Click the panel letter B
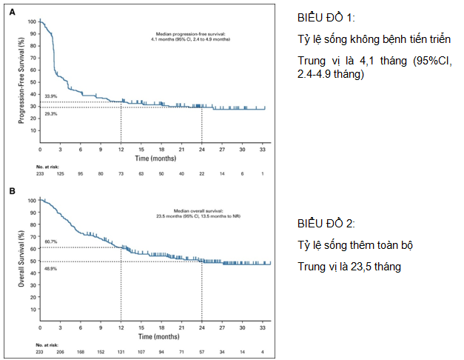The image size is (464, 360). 13,191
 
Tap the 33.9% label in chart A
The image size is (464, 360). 50,97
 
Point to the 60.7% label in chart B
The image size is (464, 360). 50,241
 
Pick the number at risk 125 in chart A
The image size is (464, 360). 60,173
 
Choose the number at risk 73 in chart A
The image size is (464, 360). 121,173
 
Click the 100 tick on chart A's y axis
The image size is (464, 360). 31,21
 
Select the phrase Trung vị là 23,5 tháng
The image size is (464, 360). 349,266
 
